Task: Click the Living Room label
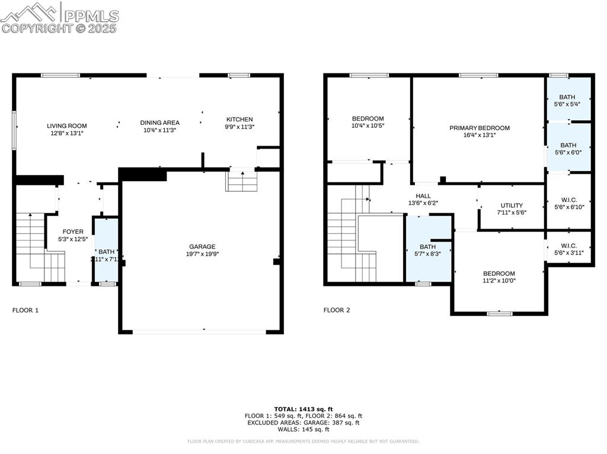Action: [67, 125]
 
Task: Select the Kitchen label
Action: [238, 119]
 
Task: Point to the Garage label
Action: [202, 247]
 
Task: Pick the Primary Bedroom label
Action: [479, 128]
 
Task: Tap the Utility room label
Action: [511, 205]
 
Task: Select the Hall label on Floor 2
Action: [423, 196]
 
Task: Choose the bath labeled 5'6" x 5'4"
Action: [567, 100]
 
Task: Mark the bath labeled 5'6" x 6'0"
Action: [568, 148]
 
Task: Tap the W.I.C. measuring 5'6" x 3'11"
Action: [568, 249]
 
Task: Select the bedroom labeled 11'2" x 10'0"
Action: [498, 277]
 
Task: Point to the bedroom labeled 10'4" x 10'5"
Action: [368, 122]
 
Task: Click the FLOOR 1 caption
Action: [25, 310]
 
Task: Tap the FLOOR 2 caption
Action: [337, 310]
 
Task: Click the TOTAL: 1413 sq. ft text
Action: [303, 409]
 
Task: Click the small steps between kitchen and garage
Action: [242, 181]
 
